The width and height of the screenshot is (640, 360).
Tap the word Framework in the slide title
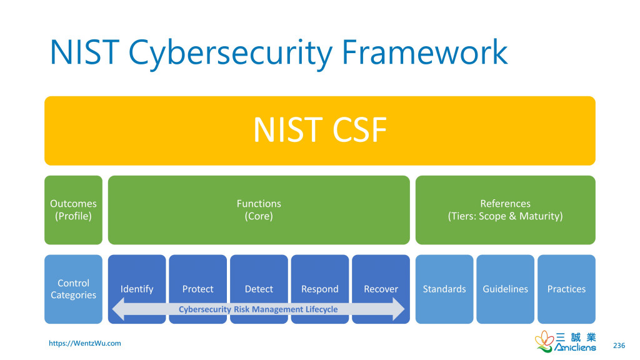point(424,52)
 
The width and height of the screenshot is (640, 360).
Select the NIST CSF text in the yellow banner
point(319,131)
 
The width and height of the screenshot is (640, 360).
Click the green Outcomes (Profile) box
point(73,210)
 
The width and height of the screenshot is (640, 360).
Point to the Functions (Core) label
point(259,210)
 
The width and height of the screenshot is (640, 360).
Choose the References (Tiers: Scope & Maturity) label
point(505,210)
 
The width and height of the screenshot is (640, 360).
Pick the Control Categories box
point(73,289)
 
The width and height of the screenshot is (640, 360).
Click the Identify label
point(137,289)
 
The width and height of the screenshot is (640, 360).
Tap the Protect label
point(197,289)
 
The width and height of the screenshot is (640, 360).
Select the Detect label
point(259,289)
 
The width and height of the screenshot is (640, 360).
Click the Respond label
point(319,289)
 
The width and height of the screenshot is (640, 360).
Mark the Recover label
point(381,289)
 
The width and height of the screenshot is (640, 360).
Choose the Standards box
point(444,289)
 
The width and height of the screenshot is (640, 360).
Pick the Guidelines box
point(505,289)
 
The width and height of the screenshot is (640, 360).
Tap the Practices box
point(566,289)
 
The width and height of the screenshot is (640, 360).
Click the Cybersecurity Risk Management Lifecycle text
point(258,309)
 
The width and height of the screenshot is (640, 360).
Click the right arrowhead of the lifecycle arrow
point(398,309)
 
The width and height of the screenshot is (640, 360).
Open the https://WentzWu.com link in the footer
point(85,343)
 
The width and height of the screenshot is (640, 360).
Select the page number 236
point(619,346)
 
